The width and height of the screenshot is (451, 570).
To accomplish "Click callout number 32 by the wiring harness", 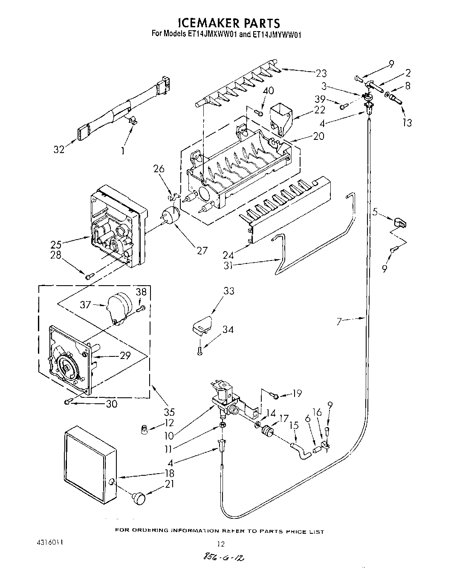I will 59,149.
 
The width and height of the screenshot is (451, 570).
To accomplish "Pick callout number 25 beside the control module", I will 56,244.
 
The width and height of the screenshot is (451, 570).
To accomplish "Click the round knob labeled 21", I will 139,497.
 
